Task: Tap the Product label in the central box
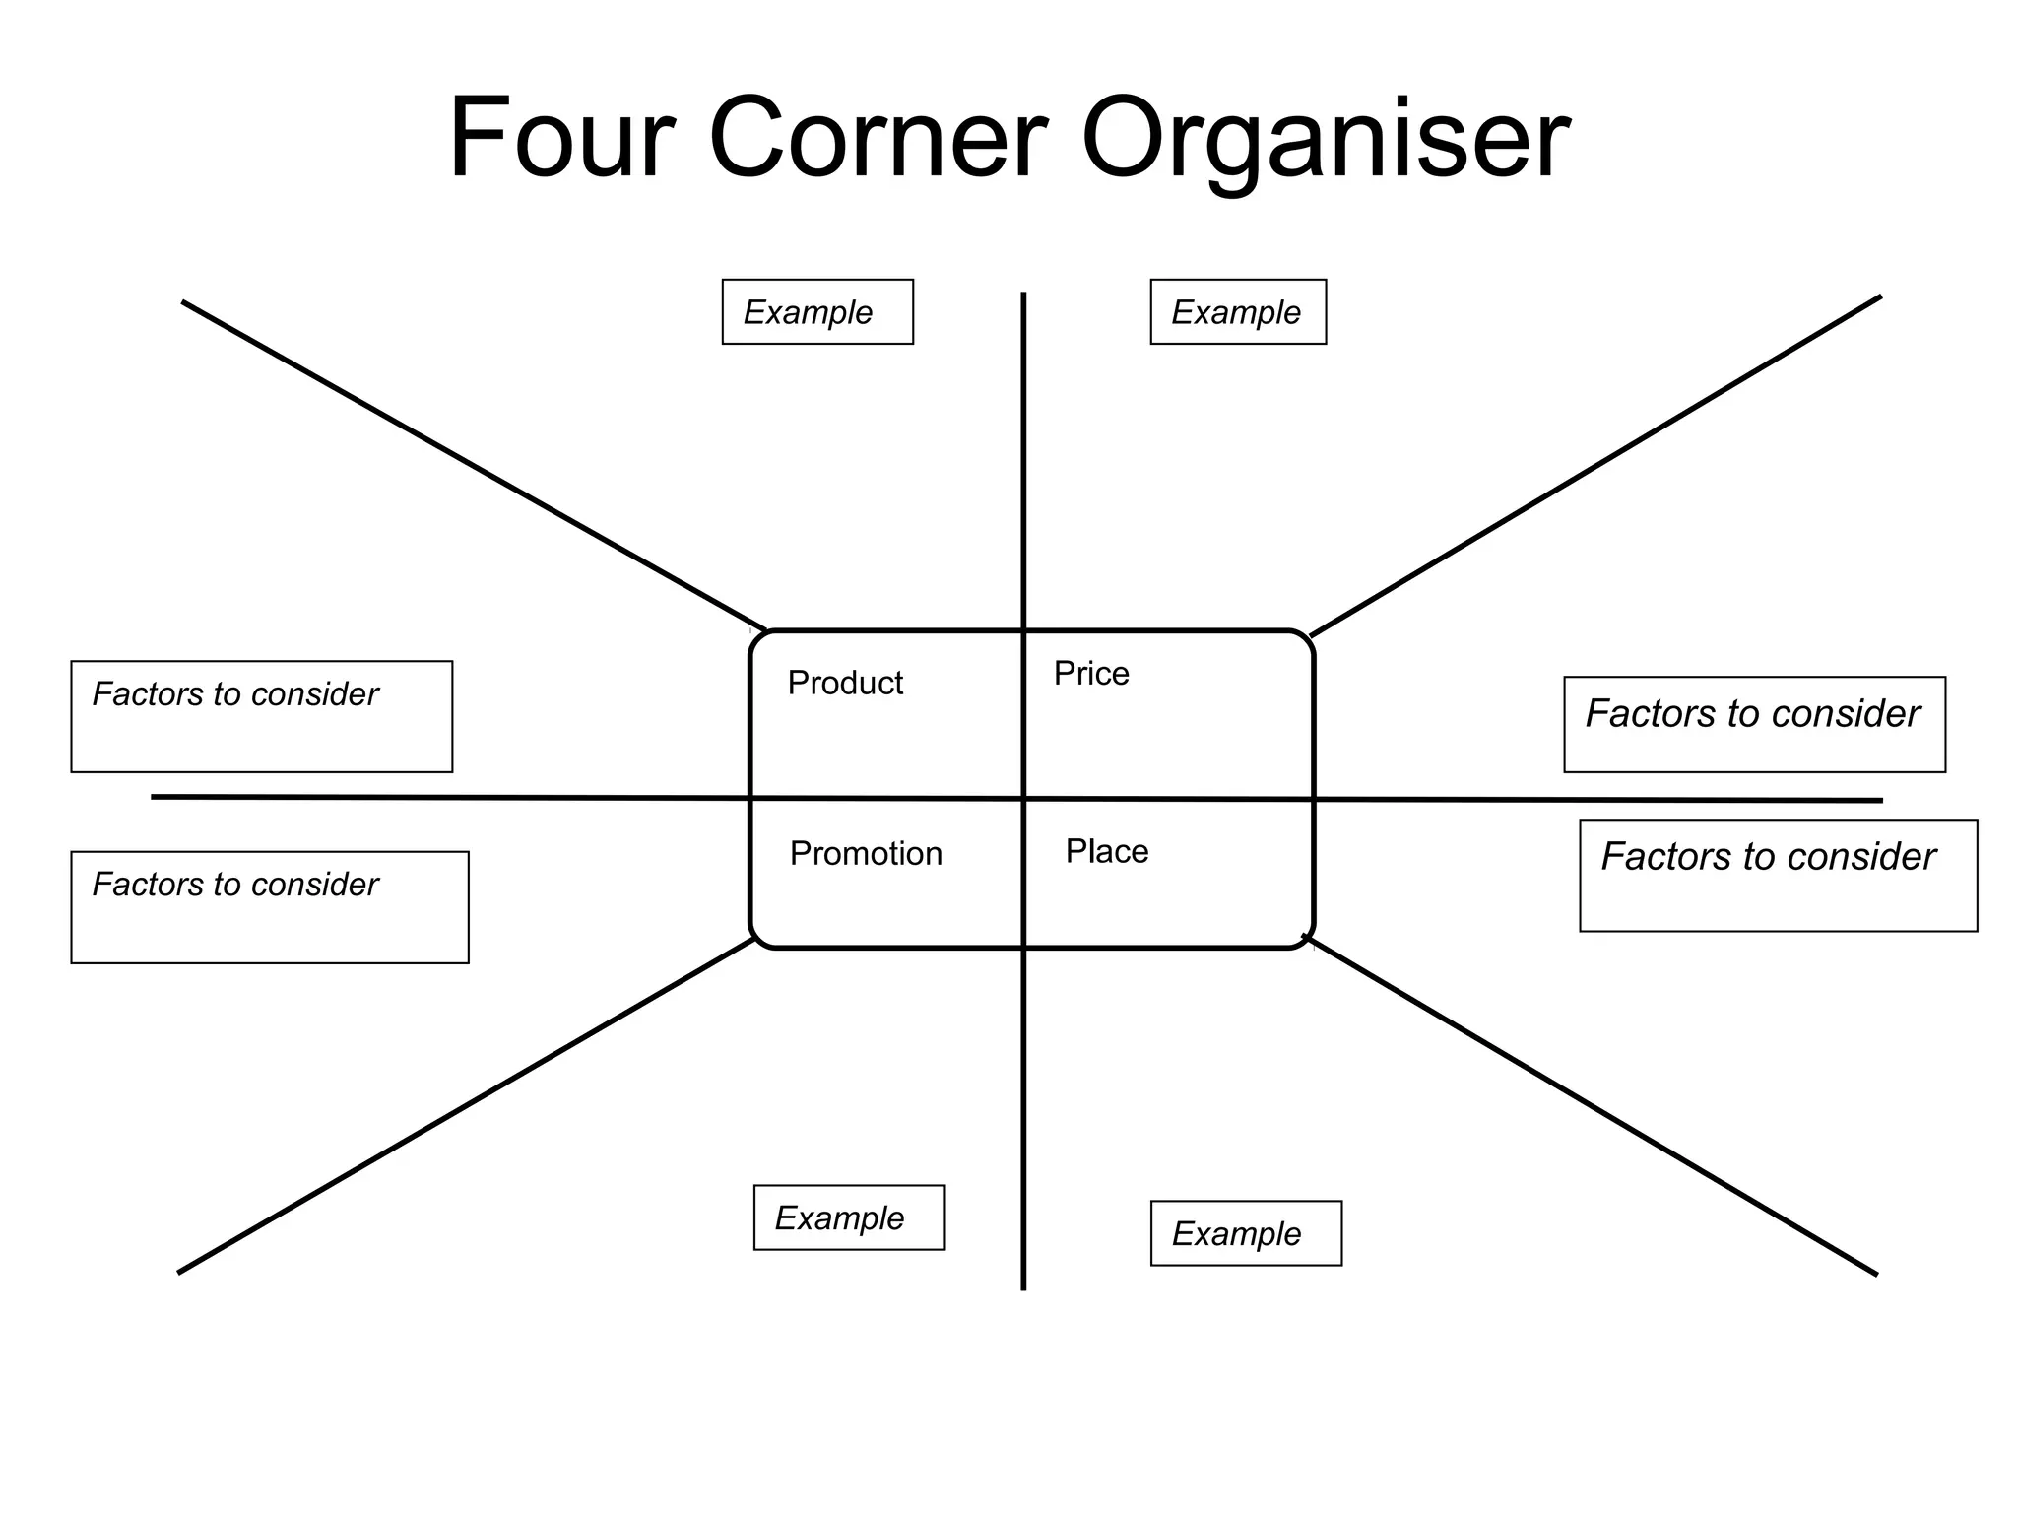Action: [845, 683]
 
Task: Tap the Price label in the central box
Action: [1091, 674]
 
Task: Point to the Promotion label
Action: [866, 853]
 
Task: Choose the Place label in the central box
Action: [1107, 851]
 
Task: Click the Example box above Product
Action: [817, 312]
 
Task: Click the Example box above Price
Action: [1238, 312]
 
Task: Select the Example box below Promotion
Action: [849, 1217]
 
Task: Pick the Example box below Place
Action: [1246, 1233]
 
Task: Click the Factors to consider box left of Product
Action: [262, 716]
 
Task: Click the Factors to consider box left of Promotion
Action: [270, 907]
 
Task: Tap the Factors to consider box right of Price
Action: [1754, 724]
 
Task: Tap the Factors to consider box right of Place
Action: [1778, 875]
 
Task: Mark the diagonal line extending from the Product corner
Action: [473, 465]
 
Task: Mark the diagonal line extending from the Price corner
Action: [1595, 466]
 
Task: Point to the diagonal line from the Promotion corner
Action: [466, 1106]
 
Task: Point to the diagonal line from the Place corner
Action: [1591, 1105]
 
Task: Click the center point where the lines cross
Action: [1024, 799]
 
